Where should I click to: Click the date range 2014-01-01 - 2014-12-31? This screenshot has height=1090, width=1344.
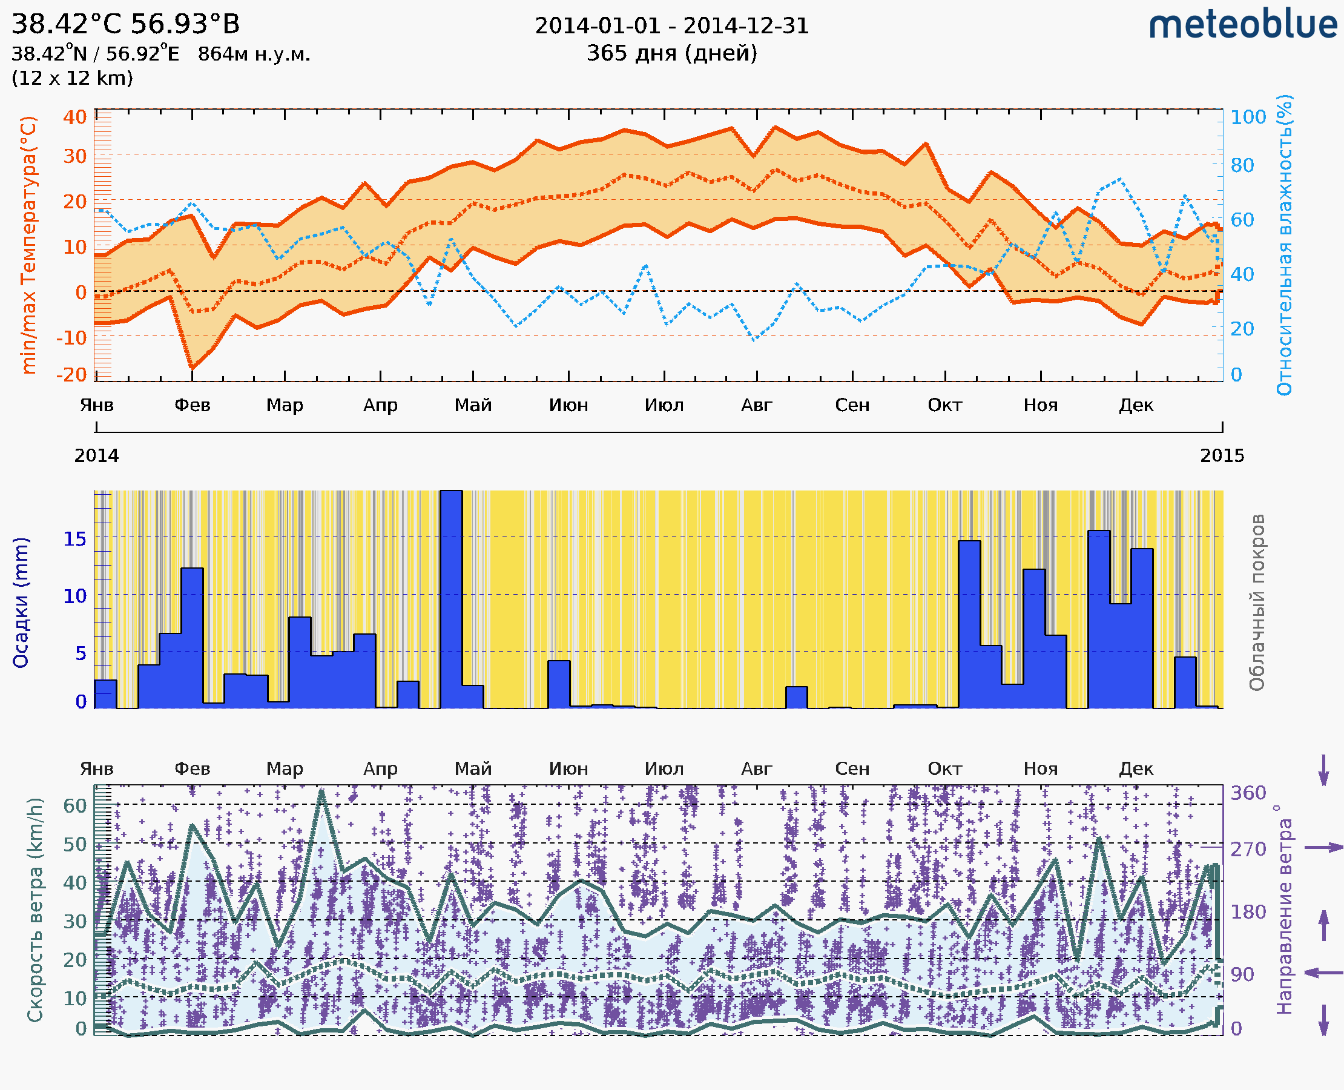tap(671, 26)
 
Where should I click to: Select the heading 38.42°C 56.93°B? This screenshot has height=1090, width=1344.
tap(125, 24)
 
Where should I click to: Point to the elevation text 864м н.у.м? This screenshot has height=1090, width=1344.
tap(254, 54)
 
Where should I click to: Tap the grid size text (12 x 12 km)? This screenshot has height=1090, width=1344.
tap(72, 79)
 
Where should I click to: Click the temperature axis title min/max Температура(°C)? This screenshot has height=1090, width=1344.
tap(29, 245)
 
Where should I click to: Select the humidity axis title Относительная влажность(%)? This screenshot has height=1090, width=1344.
tap(1284, 245)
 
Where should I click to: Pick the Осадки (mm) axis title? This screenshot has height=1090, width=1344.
tap(21, 603)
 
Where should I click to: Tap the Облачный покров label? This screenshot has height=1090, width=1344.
tap(1256, 603)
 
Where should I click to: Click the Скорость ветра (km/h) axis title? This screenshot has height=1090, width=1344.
tap(35, 910)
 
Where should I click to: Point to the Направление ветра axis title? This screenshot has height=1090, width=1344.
tap(1284, 910)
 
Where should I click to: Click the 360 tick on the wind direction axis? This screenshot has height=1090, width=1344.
tap(1248, 793)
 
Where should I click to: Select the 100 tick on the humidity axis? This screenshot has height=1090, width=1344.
tap(1248, 117)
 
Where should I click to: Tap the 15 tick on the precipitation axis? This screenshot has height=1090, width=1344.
tap(74, 539)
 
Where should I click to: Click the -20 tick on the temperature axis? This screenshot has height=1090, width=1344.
tap(71, 375)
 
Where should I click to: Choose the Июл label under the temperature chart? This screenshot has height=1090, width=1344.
tap(664, 406)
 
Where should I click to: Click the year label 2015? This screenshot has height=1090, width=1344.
tap(1222, 456)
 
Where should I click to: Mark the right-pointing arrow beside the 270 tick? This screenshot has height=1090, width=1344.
tap(1323, 848)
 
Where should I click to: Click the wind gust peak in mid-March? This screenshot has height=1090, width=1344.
tap(321, 793)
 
